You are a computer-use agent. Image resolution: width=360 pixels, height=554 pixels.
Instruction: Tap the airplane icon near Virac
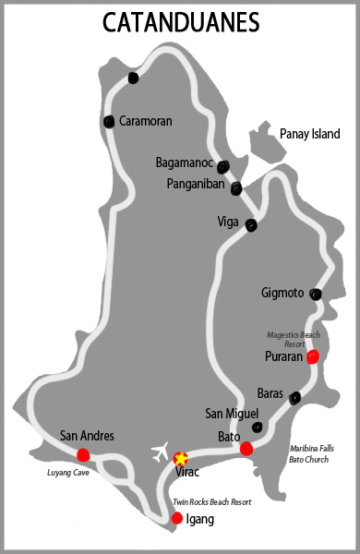[x=161, y=453]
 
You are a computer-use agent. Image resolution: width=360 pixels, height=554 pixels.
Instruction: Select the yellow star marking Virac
[x=181, y=458]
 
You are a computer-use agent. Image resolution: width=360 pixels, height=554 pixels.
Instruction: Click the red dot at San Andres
[x=83, y=453]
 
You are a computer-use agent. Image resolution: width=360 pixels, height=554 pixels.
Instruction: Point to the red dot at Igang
[x=176, y=518]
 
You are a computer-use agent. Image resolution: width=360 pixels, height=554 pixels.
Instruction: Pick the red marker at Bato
[x=246, y=449]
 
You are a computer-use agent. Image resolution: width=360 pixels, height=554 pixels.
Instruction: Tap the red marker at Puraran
[x=313, y=356]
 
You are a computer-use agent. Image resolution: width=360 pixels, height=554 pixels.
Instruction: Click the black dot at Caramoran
[x=110, y=121]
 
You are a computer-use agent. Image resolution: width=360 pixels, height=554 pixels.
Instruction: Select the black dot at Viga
[x=250, y=225]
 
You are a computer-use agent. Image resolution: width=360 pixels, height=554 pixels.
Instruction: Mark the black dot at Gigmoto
[x=316, y=295]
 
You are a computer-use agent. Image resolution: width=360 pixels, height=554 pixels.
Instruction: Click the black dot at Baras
[x=294, y=398]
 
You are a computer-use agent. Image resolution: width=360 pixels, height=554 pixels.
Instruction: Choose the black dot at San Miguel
[x=258, y=427]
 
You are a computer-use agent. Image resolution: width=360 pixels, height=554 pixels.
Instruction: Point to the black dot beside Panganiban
[x=236, y=188]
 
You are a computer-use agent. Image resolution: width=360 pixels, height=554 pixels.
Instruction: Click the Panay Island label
[x=309, y=134]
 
